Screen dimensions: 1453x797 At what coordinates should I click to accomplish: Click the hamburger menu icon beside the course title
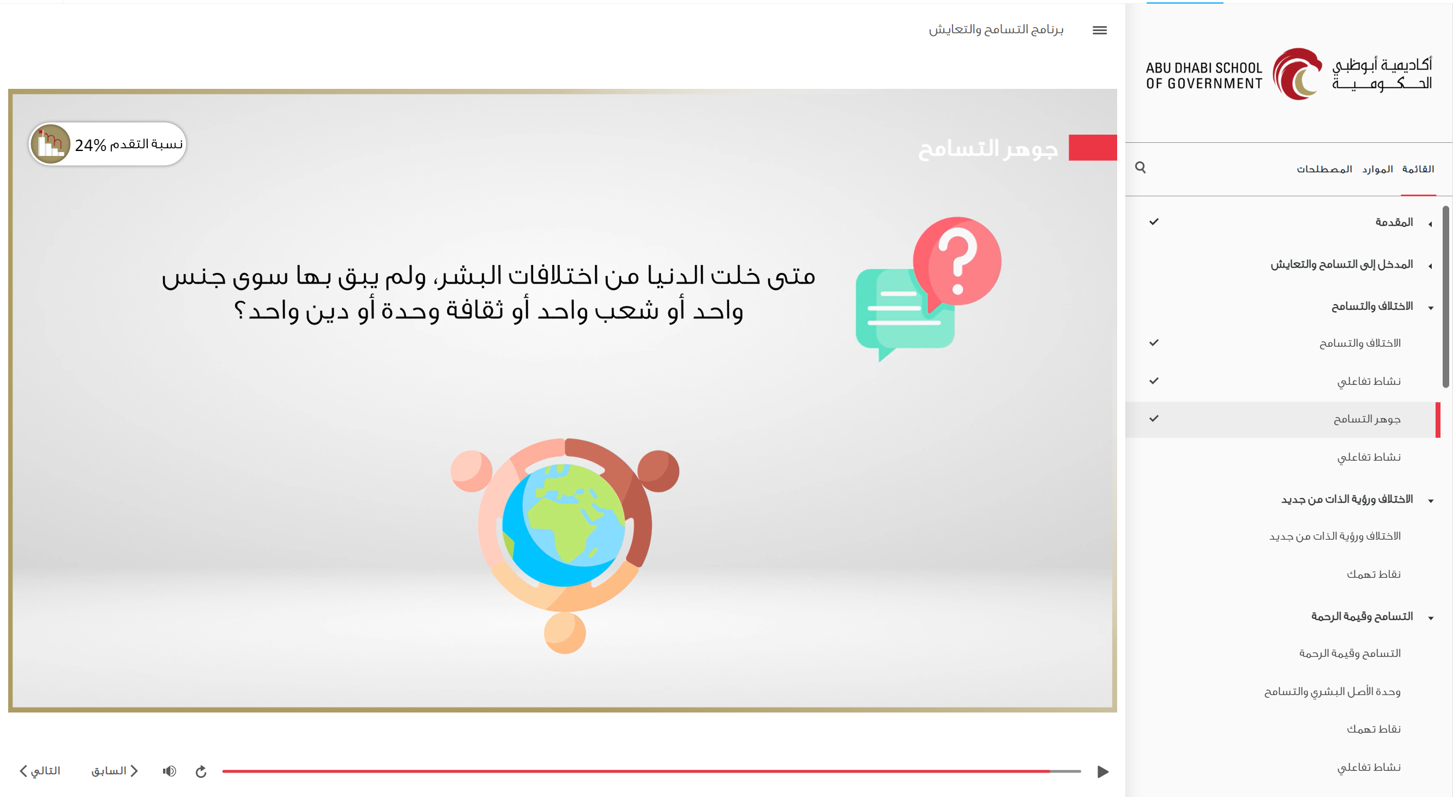(x=1099, y=31)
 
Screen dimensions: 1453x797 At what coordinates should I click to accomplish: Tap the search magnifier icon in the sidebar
(x=1140, y=167)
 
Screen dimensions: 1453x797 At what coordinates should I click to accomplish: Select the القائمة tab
(x=1418, y=169)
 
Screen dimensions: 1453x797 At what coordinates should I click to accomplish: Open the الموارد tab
(x=1377, y=169)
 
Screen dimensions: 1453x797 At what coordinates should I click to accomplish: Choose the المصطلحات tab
(x=1324, y=169)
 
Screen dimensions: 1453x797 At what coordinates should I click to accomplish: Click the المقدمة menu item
(x=1394, y=222)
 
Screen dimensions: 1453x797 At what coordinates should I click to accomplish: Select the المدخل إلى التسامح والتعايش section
(x=1341, y=264)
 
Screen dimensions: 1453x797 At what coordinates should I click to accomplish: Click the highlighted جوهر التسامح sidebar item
(x=1367, y=419)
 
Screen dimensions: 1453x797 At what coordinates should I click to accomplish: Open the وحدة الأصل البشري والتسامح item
(x=1333, y=692)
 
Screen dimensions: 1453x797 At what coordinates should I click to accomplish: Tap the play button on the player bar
(x=1103, y=771)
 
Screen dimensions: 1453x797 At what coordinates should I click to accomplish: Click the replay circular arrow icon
(x=201, y=771)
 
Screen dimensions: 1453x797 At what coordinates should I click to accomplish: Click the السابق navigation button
(x=114, y=771)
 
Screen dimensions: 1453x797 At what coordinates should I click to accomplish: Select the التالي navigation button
(x=39, y=771)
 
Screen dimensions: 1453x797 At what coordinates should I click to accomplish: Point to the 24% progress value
(x=91, y=146)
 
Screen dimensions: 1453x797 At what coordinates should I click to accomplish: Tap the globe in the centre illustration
(x=564, y=525)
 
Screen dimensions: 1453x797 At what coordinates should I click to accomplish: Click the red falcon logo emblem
(x=1297, y=74)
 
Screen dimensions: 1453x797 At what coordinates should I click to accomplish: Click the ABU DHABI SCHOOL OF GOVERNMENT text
(x=1204, y=76)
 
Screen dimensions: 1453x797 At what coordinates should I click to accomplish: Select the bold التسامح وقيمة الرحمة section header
(x=1361, y=617)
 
